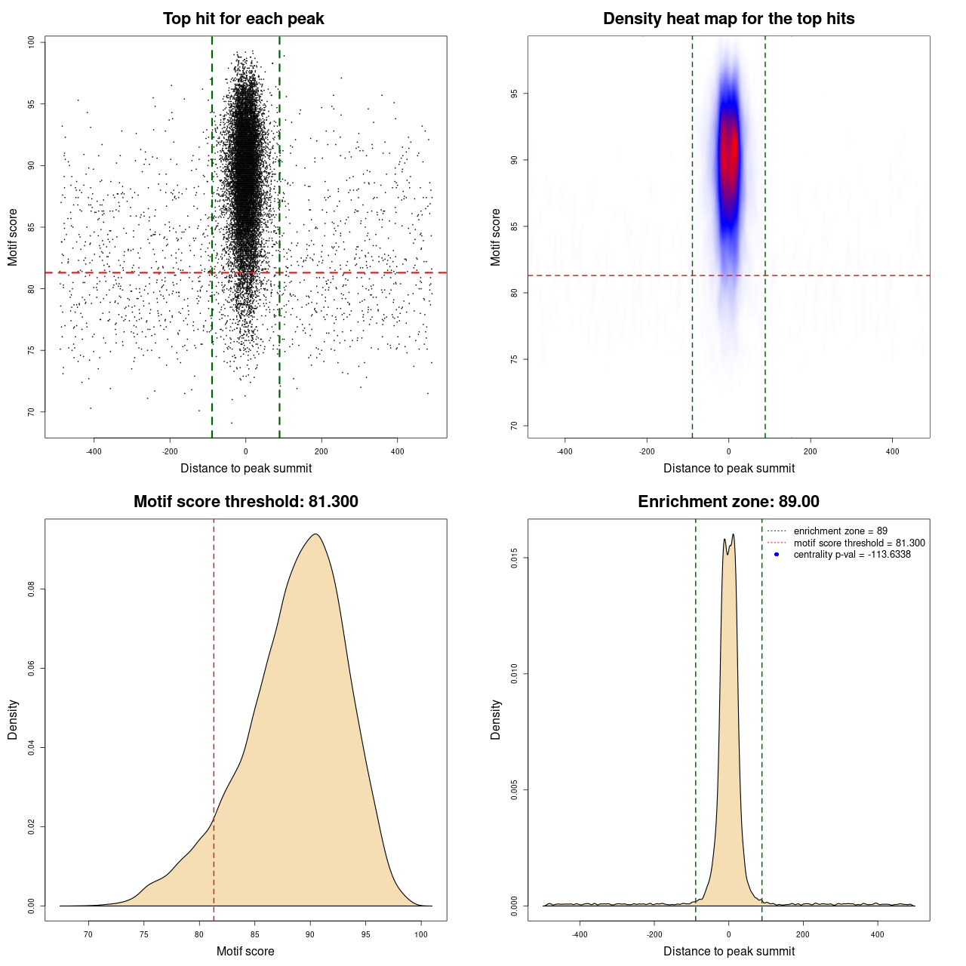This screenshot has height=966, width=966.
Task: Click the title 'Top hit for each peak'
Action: (244, 19)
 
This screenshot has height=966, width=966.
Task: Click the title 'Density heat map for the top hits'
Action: (728, 19)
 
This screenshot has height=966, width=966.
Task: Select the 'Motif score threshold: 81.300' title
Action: (245, 502)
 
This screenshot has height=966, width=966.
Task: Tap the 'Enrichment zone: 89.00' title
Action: (728, 502)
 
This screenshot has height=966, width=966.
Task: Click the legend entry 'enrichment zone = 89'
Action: (840, 531)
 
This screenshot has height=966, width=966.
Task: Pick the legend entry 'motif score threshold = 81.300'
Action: (859, 543)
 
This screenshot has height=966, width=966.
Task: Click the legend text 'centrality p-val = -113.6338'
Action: (852, 555)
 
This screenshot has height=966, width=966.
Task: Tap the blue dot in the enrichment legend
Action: (777, 555)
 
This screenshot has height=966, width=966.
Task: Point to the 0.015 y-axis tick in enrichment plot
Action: (515, 558)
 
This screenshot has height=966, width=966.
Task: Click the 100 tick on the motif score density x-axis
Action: (421, 934)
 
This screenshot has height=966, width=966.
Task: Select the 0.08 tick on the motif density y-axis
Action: (32, 589)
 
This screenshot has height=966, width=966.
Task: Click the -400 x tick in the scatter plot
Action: (94, 451)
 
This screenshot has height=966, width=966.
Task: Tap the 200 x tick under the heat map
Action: (811, 451)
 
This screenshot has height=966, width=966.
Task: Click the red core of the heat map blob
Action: (728, 151)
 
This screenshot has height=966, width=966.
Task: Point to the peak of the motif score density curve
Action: (315, 534)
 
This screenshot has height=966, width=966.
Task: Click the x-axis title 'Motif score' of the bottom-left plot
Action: (245, 951)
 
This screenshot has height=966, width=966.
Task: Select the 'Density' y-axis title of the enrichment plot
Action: (496, 719)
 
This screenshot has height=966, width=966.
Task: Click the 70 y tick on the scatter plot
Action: (32, 411)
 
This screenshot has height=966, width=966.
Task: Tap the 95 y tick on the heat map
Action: (515, 94)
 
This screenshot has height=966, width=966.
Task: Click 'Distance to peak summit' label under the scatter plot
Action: (246, 468)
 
